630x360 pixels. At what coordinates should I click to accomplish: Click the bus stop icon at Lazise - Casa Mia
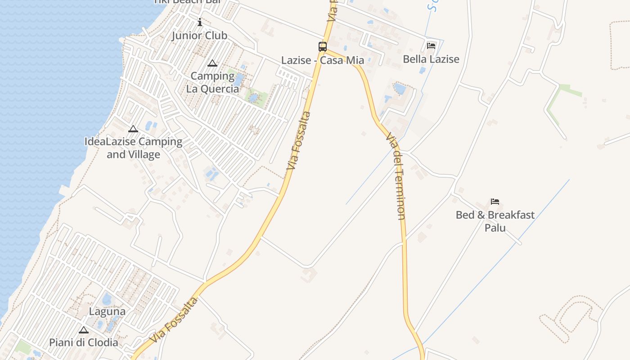[x=323, y=46]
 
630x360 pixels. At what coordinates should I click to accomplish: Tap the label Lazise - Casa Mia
[x=323, y=60]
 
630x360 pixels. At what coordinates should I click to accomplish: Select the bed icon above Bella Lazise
[x=431, y=45]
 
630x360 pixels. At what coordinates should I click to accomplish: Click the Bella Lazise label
[x=431, y=59]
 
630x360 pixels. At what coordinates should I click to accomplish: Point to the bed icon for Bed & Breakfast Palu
[x=495, y=202]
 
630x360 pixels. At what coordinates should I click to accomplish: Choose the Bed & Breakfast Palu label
[x=495, y=221]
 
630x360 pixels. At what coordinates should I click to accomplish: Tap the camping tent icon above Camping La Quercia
[x=212, y=63]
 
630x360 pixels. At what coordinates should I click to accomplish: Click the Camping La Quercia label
[x=212, y=82]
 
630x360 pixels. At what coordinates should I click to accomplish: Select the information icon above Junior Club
[x=200, y=22]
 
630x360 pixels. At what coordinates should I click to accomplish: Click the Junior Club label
[x=199, y=36]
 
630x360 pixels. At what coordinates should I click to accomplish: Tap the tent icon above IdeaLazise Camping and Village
[x=133, y=129]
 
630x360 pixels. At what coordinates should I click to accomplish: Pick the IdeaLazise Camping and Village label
[x=133, y=148]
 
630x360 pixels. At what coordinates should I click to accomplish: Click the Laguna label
[x=107, y=311]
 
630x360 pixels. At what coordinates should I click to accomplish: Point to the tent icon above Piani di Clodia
[x=84, y=330]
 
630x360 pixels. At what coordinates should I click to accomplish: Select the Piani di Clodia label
[x=84, y=342]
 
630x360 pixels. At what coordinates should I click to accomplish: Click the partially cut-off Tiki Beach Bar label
[x=188, y=2]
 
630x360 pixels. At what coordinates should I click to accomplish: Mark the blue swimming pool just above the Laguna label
[x=107, y=299]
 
